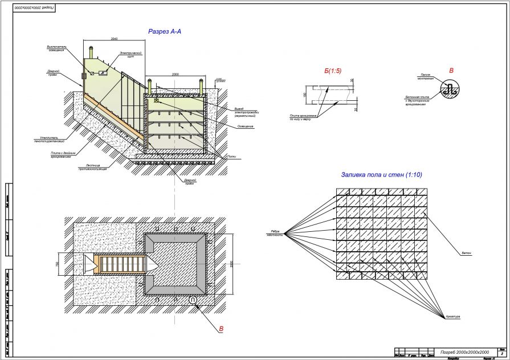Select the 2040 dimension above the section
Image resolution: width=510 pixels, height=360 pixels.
(114, 39)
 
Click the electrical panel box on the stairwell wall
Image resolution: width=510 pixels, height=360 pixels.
(103, 73)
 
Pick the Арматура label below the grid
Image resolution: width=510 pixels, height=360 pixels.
(454, 316)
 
